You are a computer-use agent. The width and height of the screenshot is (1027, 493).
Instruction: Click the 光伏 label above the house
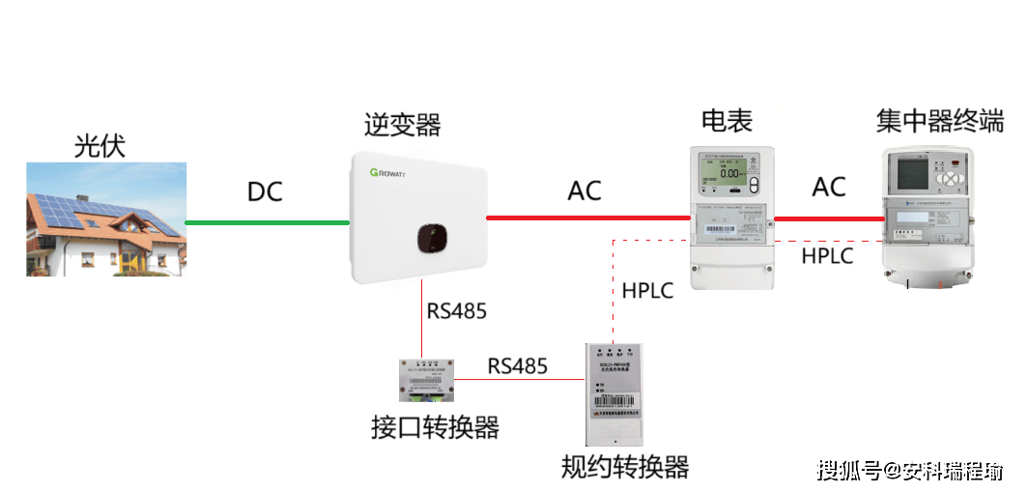100,146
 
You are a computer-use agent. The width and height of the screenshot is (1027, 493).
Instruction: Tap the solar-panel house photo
105,218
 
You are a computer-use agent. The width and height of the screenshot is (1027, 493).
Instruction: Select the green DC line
266,222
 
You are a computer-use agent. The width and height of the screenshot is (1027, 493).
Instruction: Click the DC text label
265,191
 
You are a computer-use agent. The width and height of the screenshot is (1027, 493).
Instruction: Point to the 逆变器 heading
402,125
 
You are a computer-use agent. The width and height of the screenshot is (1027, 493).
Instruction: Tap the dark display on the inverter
433,238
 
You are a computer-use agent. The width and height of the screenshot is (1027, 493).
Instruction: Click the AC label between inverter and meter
585,190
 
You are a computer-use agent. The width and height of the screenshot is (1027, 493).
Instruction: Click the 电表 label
727,121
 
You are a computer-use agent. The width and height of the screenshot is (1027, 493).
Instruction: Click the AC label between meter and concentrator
828,187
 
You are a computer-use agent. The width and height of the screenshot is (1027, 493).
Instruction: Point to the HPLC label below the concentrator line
828,255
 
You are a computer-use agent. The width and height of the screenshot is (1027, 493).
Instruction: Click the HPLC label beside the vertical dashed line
647,290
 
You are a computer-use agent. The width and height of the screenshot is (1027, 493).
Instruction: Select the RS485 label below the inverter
457,311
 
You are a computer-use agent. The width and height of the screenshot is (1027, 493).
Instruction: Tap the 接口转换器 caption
435,427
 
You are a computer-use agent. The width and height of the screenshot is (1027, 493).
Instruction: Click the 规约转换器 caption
625,468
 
